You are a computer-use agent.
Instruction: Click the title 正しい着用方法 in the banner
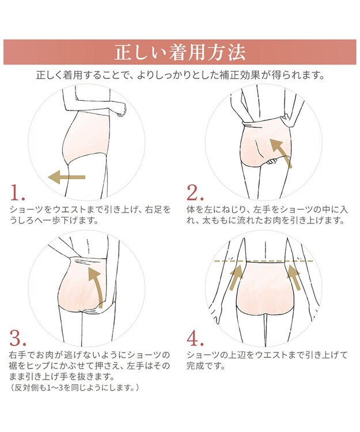pyautogui.click(x=180, y=52)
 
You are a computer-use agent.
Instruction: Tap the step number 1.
pyautogui.click(x=18, y=192)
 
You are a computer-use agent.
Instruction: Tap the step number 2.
pyautogui.click(x=195, y=192)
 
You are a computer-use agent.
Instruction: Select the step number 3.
pyautogui.click(x=18, y=338)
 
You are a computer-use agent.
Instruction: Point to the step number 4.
pyautogui.click(x=195, y=338)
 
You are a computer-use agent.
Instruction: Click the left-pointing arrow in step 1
pyautogui.click(x=67, y=177)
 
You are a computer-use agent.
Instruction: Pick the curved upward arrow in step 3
pyautogui.click(x=97, y=286)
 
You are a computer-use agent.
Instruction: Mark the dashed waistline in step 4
pyautogui.click(x=264, y=260)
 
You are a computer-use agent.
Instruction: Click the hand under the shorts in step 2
pyautogui.click(x=271, y=162)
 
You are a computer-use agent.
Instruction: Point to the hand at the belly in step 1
pyautogui.click(x=121, y=109)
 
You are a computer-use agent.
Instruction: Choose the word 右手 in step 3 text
pyautogui.click(x=18, y=355)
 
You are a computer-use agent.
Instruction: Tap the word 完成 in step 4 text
pyautogui.click(x=195, y=366)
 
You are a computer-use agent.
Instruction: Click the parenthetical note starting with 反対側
pyautogui.click(x=74, y=388)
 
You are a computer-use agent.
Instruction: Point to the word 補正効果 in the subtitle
pyautogui.click(x=240, y=75)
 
